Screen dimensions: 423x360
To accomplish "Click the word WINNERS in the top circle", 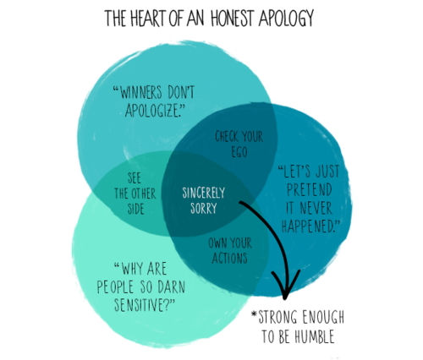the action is (x=141, y=92).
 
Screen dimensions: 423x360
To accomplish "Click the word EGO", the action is (x=239, y=151).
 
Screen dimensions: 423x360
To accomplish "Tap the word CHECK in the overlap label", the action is (x=227, y=136).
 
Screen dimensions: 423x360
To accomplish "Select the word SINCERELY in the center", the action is (x=203, y=193).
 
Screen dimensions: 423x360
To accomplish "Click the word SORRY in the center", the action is (x=203, y=208).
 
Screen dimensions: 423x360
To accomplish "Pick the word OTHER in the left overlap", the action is (x=143, y=194).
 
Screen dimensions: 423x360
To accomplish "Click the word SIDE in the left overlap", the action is (x=136, y=209).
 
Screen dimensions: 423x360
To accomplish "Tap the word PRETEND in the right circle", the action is (x=309, y=189).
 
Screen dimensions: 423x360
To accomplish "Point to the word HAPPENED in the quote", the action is (x=307, y=226).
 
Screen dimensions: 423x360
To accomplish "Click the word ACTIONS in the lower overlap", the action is (x=230, y=258).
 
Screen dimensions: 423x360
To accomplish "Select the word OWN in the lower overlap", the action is (x=217, y=243).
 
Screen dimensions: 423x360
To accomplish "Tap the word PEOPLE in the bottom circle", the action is (x=115, y=286).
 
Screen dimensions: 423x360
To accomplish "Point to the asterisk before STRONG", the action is (x=255, y=314).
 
